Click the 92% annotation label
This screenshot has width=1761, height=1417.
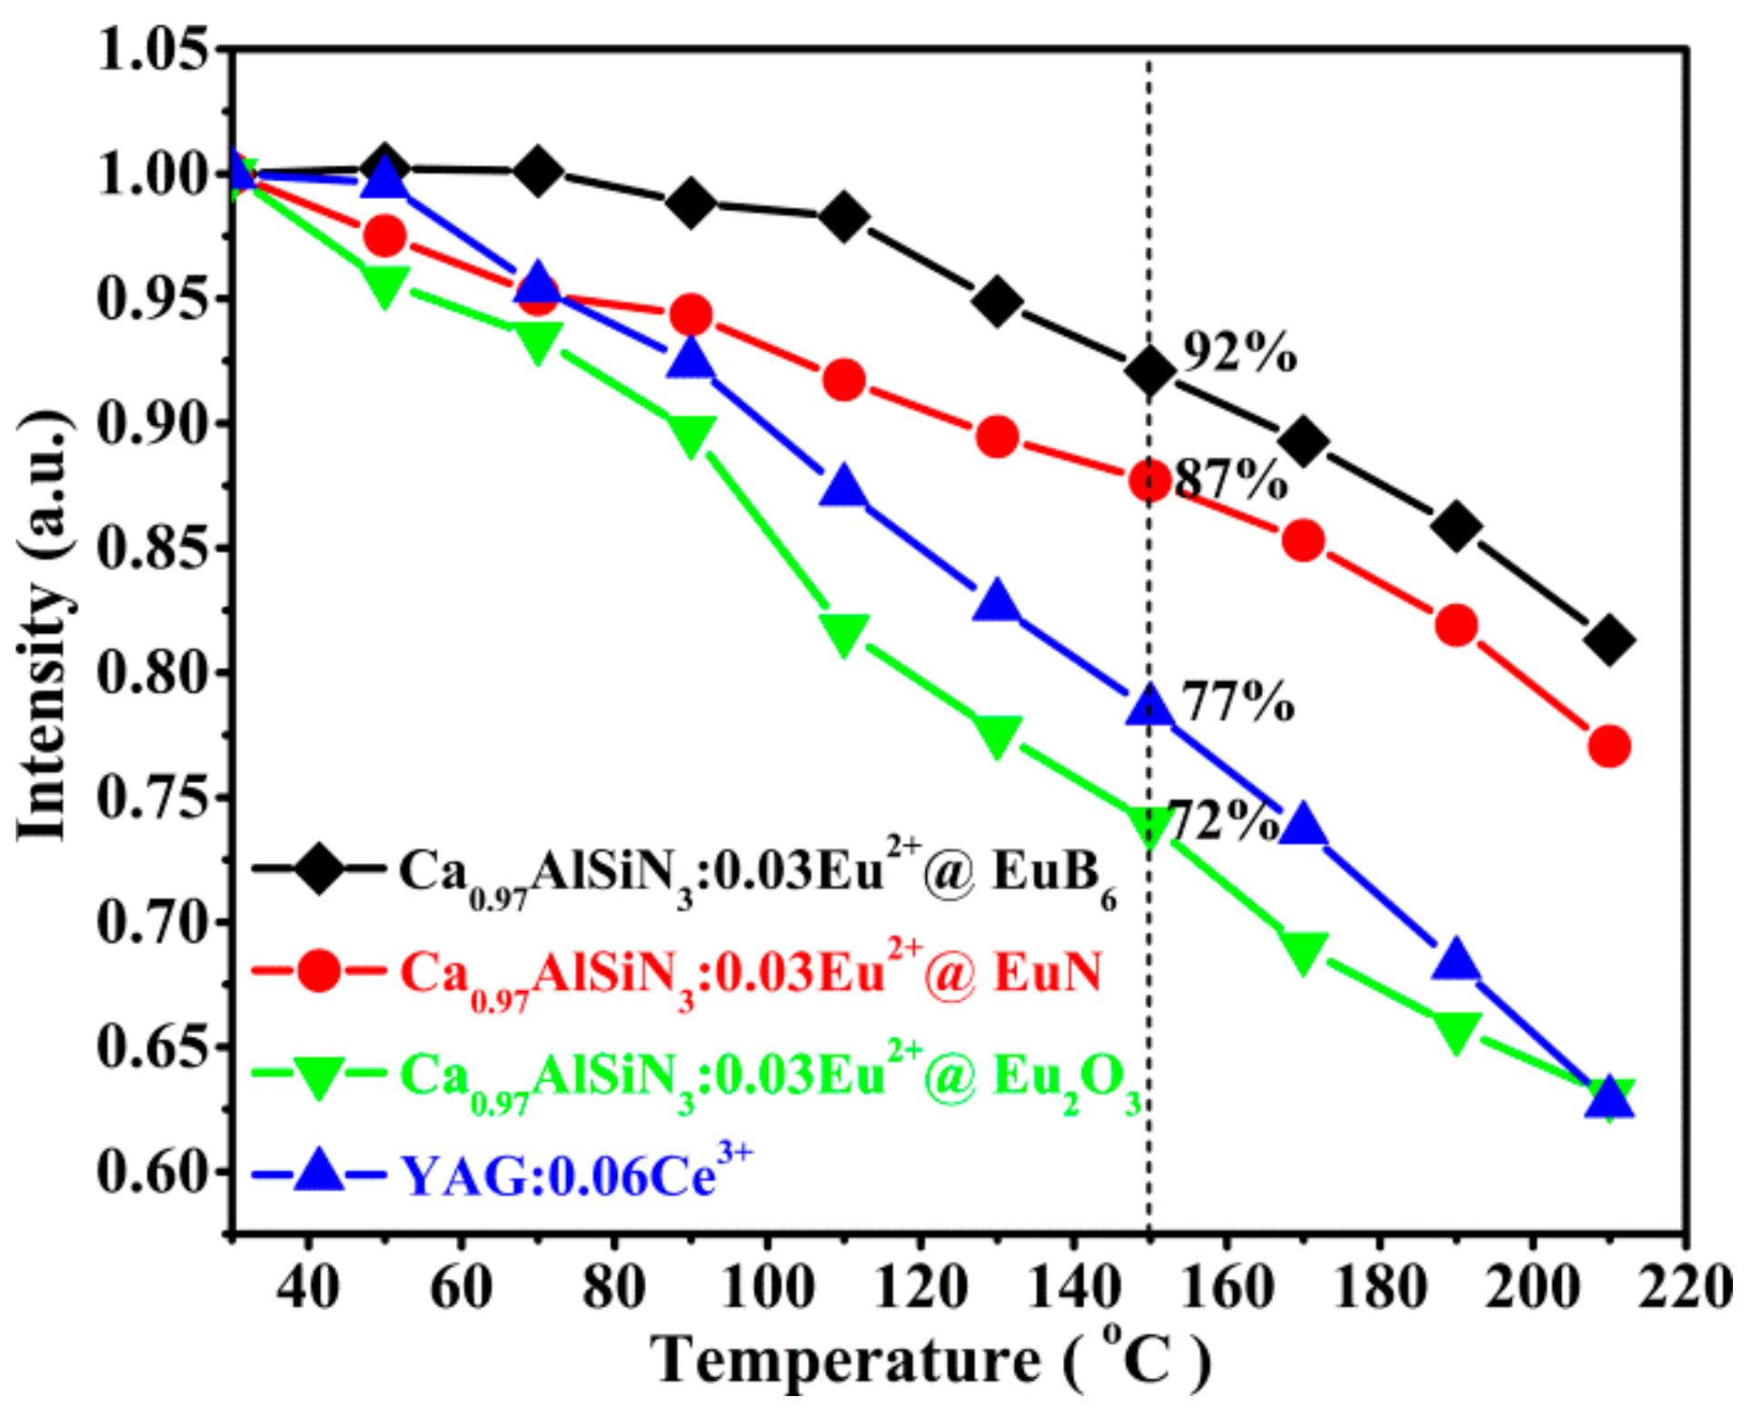click(1239, 352)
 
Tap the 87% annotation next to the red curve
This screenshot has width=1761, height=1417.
click(1231, 480)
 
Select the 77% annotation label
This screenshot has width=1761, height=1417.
click(1238, 701)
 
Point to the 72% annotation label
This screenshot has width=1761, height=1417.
click(1223, 822)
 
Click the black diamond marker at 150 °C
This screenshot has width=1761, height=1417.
click(1149, 371)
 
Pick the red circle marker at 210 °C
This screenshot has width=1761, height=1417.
click(1608, 746)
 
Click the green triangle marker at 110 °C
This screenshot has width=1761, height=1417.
click(843, 633)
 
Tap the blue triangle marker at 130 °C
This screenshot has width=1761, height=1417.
click(997, 602)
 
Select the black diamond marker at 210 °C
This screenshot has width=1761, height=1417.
click(1608, 640)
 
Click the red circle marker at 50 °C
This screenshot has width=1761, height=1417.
click(384, 236)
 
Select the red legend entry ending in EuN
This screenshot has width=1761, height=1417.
click(751, 974)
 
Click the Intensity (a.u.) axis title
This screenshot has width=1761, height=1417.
click(44, 627)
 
